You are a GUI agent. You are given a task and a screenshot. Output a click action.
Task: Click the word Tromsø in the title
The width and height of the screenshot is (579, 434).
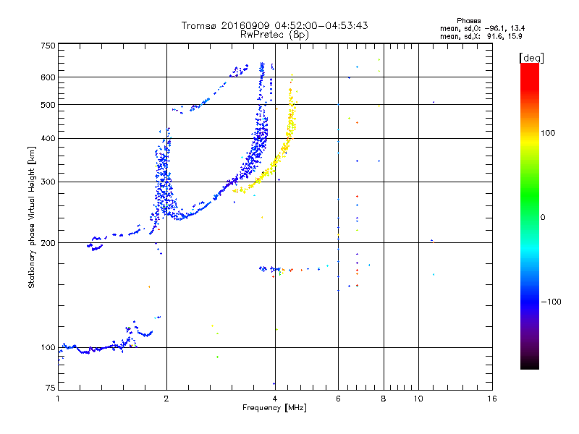point(199,25)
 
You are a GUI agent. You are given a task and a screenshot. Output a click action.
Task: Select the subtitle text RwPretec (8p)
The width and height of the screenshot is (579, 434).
point(274,35)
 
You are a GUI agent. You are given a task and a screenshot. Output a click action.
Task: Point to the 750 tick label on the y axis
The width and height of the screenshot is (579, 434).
point(48,46)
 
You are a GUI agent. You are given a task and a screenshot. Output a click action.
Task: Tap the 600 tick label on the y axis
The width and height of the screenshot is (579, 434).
point(48,77)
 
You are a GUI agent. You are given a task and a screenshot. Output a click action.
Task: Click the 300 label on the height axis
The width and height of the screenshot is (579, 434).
point(48,182)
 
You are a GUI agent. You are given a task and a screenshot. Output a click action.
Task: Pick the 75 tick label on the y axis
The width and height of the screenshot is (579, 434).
point(51,388)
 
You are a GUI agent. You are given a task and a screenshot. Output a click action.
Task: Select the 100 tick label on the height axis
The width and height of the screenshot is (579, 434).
point(48,348)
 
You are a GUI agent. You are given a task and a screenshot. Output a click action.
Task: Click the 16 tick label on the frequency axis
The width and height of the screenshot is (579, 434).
point(492,399)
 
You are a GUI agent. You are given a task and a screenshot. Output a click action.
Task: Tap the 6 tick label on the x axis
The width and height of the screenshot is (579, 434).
point(338,399)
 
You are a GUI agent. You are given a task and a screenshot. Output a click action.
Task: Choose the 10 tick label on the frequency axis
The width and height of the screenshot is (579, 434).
point(418,399)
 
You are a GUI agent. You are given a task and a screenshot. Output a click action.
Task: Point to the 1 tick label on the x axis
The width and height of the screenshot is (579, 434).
point(58,399)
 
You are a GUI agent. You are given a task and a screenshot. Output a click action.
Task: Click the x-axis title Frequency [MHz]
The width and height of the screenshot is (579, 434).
point(274,408)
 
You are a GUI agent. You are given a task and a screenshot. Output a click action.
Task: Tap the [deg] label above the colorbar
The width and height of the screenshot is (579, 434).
point(531,58)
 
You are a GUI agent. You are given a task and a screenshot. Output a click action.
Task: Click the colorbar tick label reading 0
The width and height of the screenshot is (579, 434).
point(543,218)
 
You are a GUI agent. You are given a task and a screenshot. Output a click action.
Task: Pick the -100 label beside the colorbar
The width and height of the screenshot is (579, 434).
point(551,302)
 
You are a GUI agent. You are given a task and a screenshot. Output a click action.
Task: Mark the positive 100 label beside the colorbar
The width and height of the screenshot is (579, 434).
point(548,133)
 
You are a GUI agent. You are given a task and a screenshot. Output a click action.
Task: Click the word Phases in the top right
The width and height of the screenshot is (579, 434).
point(468,21)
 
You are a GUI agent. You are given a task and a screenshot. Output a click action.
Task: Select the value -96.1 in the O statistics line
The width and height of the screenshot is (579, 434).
point(496,28)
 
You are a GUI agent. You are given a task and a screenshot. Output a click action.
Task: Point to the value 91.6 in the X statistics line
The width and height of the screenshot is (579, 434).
point(496,36)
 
